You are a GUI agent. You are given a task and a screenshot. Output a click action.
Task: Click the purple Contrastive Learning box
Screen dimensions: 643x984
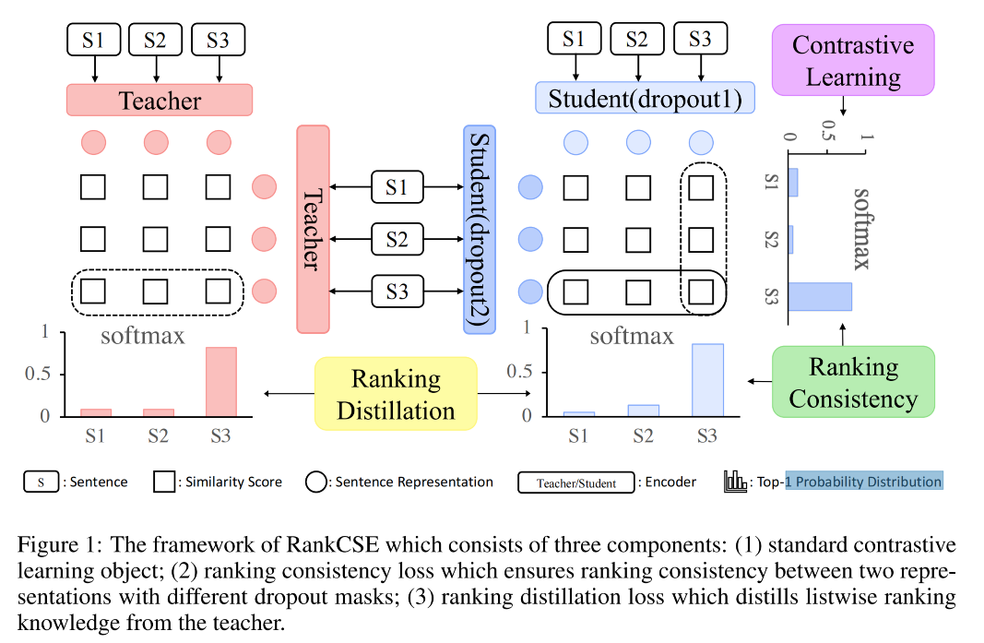(853, 60)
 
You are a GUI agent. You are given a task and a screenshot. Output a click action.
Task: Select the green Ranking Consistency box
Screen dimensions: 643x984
(853, 382)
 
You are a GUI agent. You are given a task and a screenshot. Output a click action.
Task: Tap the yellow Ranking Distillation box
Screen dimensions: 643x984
(396, 394)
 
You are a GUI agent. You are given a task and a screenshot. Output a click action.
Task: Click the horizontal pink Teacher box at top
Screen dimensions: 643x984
(160, 100)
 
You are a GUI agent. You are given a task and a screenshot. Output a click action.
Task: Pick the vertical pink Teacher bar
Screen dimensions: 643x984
(312, 229)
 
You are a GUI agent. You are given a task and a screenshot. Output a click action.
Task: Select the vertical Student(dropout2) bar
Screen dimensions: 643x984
(480, 229)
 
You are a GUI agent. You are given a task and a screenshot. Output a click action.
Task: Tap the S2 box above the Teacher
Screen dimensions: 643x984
(156, 40)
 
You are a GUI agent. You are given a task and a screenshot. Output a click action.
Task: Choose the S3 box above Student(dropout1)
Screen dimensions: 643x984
(700, 40)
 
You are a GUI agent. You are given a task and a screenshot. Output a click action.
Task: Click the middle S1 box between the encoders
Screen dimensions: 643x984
(397, 188)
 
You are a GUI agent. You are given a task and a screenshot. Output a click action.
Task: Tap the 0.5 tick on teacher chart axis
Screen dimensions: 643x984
(43, 374)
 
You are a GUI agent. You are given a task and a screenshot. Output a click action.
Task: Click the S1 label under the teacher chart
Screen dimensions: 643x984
(94, 435)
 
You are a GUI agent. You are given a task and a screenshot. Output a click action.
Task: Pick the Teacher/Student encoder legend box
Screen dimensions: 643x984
(577, 482)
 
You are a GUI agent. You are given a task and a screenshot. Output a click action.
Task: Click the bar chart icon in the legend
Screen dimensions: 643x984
(735, 481)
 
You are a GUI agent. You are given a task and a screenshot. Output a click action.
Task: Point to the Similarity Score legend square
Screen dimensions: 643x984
(165, 482)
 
